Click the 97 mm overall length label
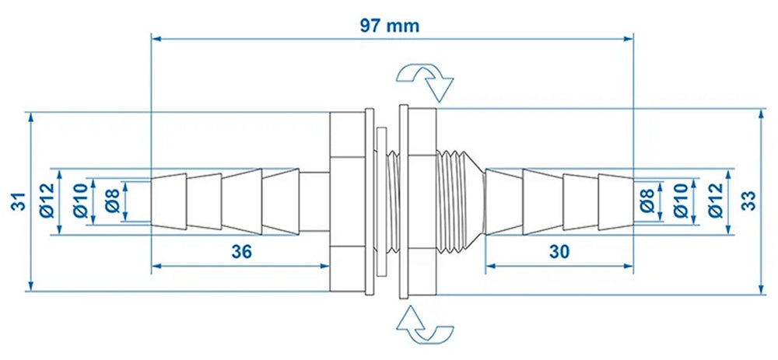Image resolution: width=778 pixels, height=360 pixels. (390, 25)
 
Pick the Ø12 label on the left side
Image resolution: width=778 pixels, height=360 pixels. (44, 201)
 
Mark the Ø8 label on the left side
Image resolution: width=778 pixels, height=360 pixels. (110, 201)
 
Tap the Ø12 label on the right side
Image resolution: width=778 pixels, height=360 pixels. (713, 201)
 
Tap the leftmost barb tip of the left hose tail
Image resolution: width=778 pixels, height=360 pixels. (165, 201)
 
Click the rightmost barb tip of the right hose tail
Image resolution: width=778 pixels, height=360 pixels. (616, 201)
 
